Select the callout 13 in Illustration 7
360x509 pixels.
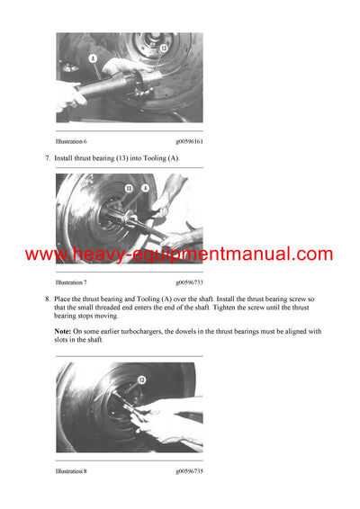[129, 188]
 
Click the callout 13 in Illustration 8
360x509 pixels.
[140, 380]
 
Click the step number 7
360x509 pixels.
[47, 158]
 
